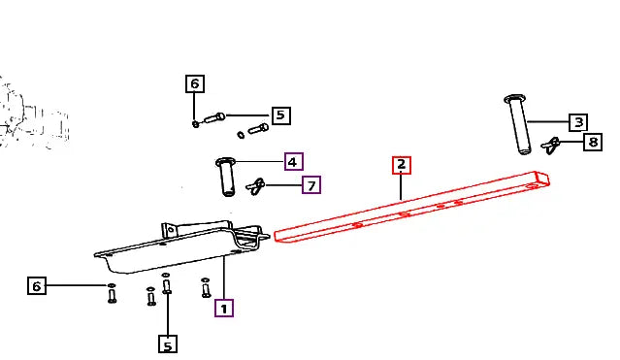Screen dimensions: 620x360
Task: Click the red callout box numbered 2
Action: [x=402, y=165]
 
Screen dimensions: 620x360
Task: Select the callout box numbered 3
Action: [x=578, y=122]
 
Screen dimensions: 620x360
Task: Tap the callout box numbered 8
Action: [x=593, y=142]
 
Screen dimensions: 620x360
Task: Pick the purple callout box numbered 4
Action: [x=293, y=162]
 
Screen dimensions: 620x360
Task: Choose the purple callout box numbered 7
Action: [x=311, y=185]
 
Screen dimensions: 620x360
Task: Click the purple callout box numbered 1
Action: [x=224, y=309]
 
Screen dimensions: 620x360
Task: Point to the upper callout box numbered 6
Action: [x=195, y=83]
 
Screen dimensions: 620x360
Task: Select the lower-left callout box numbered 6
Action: [x=37, y=285]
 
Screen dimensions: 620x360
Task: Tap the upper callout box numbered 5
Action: [x=280, y=115]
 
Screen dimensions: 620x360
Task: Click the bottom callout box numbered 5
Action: [x=168, y=344]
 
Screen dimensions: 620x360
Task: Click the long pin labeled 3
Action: [x=518, y=124]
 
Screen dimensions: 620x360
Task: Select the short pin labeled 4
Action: [x=226, y=177]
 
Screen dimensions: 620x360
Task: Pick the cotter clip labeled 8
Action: [x=551, y=146]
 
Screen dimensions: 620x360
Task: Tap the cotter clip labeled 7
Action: [x=255, y=186]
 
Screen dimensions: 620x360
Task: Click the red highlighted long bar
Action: [x=411, y=208]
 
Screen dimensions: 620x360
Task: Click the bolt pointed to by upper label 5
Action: [x=214, y=117]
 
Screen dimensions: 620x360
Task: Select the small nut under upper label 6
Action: [x=195, y=124]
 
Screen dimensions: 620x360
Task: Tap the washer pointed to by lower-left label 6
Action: [x=112, y=285]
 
